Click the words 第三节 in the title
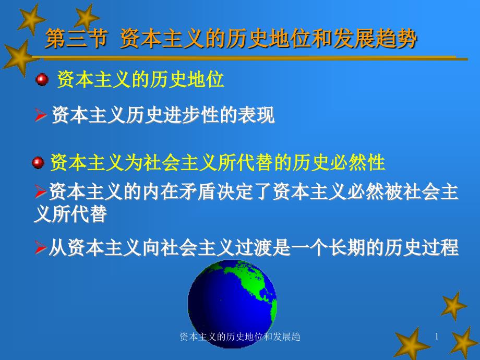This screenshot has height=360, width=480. [x=76, y=39]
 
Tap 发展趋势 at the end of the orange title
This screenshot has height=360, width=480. [x=375, y=39]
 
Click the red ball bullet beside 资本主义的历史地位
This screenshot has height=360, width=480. [x=42, y=80]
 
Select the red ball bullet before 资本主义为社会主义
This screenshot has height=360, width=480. [x=38, y=163]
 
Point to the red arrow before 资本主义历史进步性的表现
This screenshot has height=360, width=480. [x=40, y=115]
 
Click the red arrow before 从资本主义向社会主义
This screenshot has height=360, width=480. [x=40, y=248]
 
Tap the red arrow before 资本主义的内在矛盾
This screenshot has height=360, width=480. [x=40, y=191]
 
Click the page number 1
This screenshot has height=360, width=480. [x=437, y=337]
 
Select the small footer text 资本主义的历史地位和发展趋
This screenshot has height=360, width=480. [x=239, y=337]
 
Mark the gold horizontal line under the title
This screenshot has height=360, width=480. [x=250, y=58]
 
